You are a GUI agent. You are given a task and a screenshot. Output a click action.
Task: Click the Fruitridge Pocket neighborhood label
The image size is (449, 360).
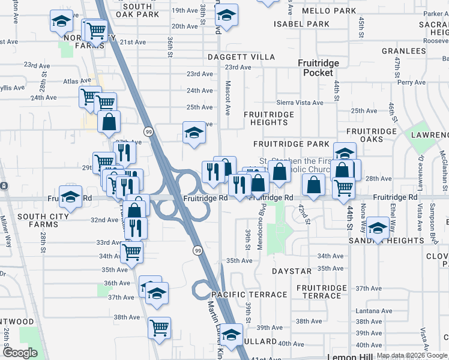[318, 68]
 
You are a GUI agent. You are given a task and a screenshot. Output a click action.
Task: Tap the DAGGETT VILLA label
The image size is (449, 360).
[241, 57]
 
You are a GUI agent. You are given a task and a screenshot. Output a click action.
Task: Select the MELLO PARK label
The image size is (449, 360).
[329, 11]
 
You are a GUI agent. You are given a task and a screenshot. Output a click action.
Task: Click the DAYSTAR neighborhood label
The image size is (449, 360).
[292, 271]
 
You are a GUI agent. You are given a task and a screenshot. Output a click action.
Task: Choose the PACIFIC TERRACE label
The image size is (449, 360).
[249, 295]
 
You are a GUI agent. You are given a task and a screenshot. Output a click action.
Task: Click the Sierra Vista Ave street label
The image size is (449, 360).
[300, 103]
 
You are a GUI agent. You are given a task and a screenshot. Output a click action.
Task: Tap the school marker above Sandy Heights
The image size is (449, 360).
[378, 228]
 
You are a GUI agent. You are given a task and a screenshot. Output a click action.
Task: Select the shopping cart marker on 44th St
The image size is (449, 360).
[344, 187]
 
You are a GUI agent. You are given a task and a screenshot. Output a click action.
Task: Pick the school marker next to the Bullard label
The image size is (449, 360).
[231, 335]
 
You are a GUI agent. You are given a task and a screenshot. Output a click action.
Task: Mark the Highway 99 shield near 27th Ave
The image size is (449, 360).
[148, 131]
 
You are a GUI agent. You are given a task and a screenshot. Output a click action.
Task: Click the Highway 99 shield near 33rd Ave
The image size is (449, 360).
[197, 250]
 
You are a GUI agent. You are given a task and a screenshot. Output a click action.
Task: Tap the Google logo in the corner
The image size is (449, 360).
[20, 353]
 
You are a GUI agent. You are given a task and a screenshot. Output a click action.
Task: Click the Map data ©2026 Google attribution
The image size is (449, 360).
[412, 356]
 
